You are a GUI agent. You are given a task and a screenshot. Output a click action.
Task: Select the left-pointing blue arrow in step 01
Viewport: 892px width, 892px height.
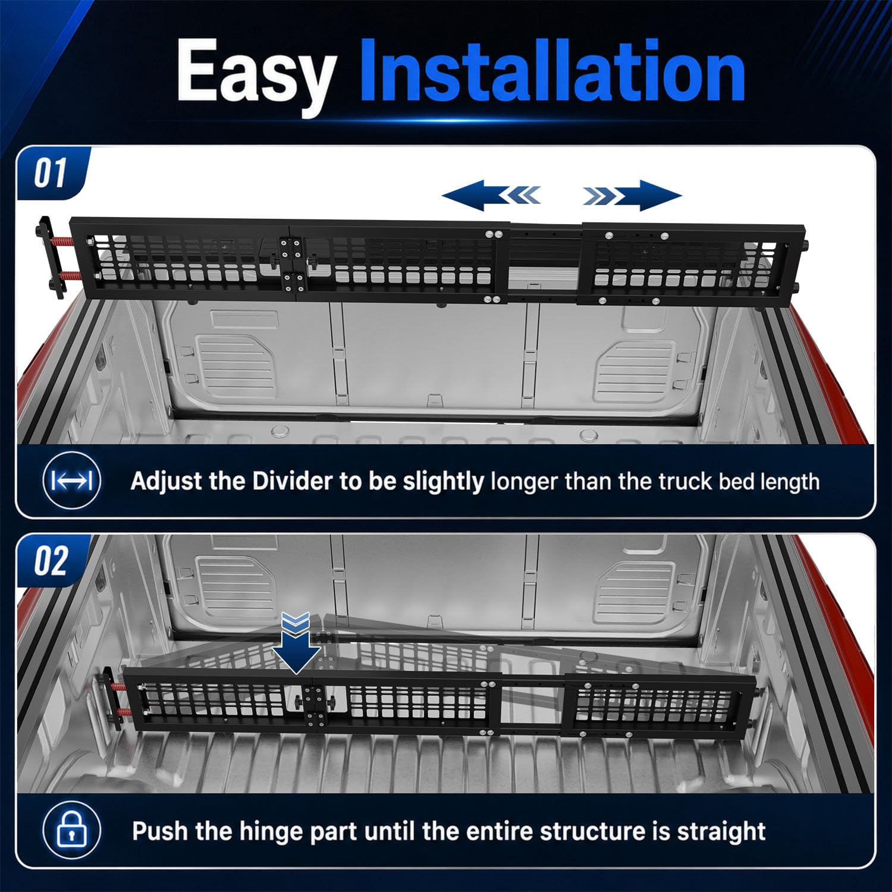[491, 195]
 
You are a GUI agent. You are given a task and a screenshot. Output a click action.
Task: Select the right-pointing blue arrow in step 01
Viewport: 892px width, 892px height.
[632, 195]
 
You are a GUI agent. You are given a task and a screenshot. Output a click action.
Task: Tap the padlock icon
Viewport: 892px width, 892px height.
[71, 830]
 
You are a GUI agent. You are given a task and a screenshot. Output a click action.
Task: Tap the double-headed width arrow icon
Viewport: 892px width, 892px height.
[72, 480]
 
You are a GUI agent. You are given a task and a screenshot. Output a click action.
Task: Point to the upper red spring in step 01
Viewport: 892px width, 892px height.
[65, 242]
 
